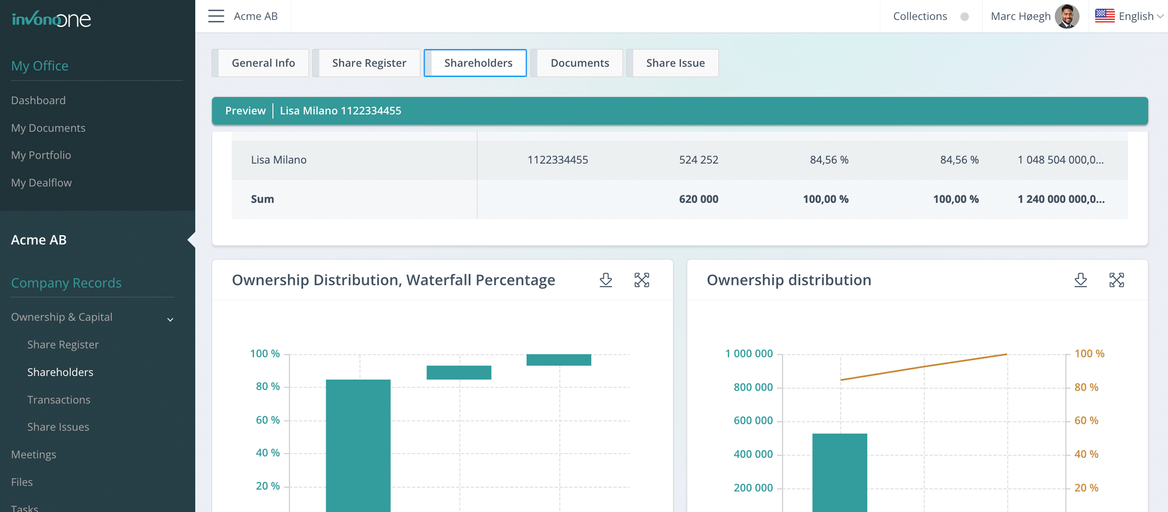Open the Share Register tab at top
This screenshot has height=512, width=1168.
click(369, 63)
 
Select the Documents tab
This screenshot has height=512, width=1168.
click(579, 63)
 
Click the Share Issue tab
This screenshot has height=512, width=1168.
click(675, 63)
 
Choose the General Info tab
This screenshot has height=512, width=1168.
click(263, 63)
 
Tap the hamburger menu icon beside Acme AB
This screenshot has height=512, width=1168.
click(216, 16)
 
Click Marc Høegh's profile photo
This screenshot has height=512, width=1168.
click(1067, 16)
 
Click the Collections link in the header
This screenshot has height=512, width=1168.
click(920, 16)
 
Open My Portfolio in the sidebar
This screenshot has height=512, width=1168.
click(41, 155)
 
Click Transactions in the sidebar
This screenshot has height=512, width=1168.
click(58, 400)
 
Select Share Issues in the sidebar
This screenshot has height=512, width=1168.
click(58, 427)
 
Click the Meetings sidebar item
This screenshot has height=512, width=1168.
click(34, 455)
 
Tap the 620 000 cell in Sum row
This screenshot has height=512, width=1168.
click(698, 199)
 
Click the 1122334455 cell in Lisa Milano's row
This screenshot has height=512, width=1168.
click(557, 160)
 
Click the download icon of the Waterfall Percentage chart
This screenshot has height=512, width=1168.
click(606, 280)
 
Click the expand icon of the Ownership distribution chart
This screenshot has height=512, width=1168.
click(1116, 280)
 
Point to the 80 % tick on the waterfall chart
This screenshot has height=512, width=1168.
click(267, 387)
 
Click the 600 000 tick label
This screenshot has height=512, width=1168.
click(753, 420)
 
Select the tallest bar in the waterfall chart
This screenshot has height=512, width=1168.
click(358, 445)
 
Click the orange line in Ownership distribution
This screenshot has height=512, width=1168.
click(924, 367)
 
